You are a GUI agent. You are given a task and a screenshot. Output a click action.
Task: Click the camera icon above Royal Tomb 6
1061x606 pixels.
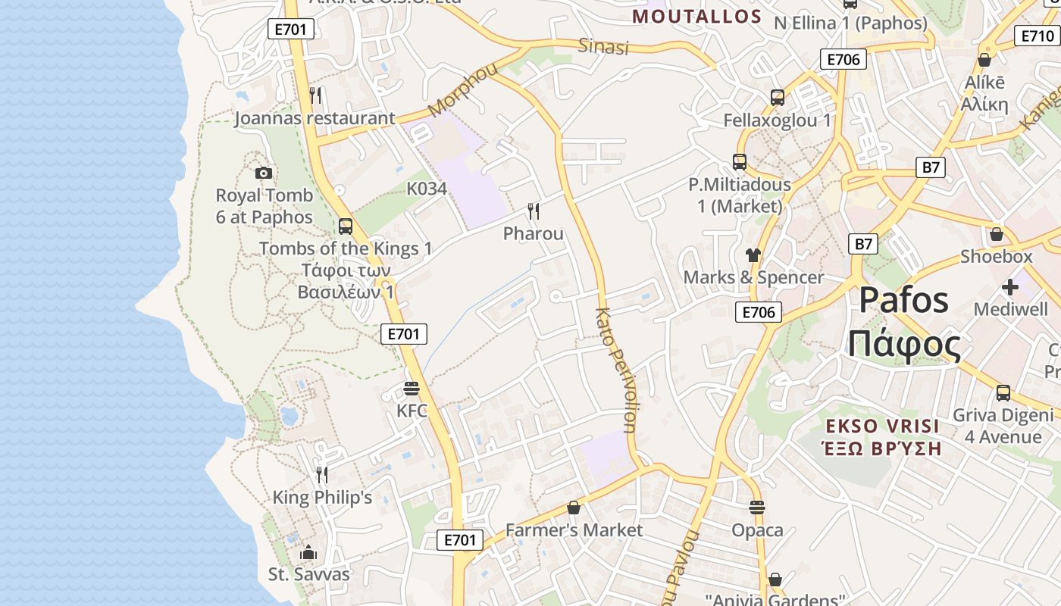tap(264, 173)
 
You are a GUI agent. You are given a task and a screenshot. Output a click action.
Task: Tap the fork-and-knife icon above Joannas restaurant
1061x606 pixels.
tap(316, 95)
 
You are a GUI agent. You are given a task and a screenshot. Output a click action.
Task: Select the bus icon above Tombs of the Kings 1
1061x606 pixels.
tap(346, 226)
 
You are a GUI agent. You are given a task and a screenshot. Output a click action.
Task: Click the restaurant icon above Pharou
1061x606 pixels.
tap(534, 211)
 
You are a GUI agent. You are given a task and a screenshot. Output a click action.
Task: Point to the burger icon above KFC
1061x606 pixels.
tap(412, 389)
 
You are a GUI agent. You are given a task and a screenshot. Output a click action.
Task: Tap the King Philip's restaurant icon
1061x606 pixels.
tap(322, 475)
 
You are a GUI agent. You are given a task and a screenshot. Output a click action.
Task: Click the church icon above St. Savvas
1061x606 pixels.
tap(308, 552)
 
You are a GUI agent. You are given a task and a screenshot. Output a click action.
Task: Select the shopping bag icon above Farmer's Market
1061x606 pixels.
tap(574, 508)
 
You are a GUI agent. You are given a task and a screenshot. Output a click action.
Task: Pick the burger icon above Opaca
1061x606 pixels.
tap(757, 508)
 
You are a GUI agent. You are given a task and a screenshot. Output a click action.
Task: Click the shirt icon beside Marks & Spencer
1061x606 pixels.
tap(753, 255)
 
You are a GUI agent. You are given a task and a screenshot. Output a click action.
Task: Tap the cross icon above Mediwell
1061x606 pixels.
tap(1010, 287)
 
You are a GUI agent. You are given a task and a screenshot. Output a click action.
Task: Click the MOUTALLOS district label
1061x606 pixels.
tap(697, 16)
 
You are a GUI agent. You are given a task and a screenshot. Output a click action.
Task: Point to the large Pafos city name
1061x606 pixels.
tap(904, 300)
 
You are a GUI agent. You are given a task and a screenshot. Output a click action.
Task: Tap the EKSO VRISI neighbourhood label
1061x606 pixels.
tap(883, 426)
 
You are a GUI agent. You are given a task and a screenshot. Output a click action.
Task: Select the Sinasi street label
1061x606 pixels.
tap(604, 46)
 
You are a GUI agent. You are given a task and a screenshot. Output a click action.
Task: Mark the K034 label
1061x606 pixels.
tap(427, 189)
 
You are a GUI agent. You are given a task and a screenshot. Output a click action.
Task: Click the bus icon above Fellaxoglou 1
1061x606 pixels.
tap(778, 98)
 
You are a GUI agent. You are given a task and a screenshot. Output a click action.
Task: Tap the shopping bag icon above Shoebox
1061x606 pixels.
tap(997, 234)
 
